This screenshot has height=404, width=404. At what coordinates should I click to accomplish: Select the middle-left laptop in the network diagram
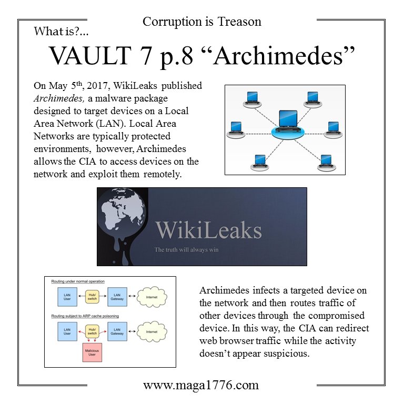click(236, 127)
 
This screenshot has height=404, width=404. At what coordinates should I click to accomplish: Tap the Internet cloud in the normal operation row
click(151, 296)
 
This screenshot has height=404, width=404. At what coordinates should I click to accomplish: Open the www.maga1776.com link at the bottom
click(201, 385)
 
